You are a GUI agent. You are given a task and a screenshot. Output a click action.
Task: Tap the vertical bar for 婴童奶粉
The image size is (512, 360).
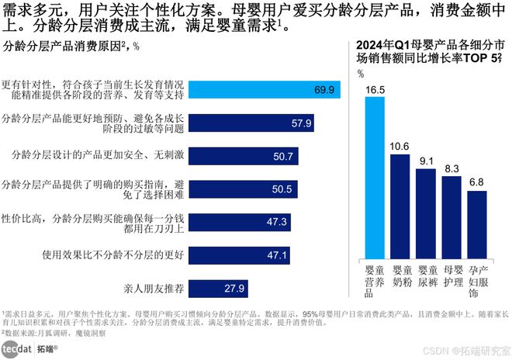(x=400, y=206)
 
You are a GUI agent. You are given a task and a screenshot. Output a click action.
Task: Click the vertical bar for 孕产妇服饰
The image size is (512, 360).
(x=476, y=225)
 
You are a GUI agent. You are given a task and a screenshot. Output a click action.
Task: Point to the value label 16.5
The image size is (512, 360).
(x=374, y=90)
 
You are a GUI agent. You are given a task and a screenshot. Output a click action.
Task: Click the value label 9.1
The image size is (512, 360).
(x=425, y=161)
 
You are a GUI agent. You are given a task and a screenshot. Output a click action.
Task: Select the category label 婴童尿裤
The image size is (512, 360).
(x=425, y=277)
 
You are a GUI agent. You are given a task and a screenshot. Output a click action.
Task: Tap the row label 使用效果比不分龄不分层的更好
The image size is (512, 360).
(x=113, y=254)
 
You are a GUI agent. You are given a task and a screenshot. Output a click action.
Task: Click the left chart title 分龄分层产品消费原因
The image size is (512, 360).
(x=65, y=46)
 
